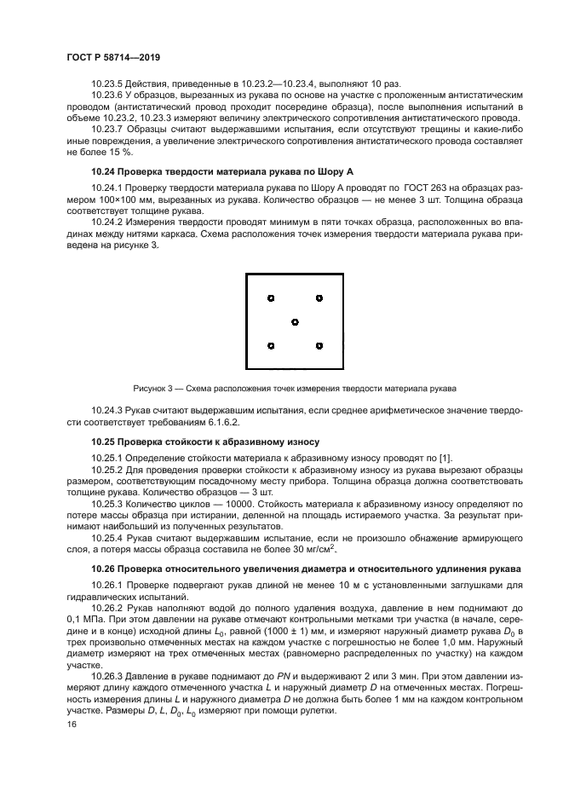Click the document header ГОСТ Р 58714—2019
pyautogui.click(x=113, y=57)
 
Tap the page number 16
pyautogui.click(x=72, y=724)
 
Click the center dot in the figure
pyautogui.click(x=295, y=322)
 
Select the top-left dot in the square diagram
pyautogui.click(x=270, y=298)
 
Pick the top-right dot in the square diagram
pyautogui.click(x=319, y=298)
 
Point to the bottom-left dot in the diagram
pyautogui.click(x=270, y=346)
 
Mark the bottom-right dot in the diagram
pyautogui.click(x=319, y=346)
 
